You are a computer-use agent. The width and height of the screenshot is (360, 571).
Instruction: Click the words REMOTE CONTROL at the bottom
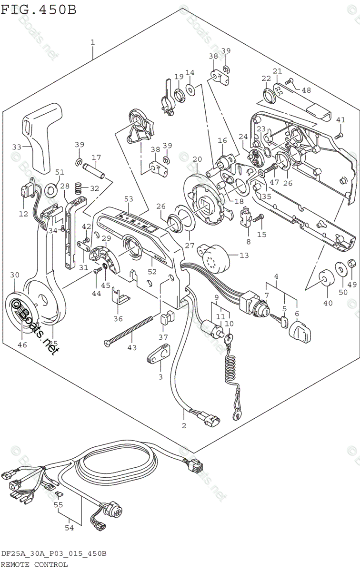[x=34, y=565]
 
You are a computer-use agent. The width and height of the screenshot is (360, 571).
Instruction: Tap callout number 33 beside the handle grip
[x=17, y=147]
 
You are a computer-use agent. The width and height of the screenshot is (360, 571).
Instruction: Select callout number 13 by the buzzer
[x=244, y=256]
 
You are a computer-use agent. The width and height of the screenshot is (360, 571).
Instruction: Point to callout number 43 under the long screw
[x=131, y=348]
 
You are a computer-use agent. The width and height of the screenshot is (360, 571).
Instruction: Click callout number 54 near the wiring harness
[x=70, y=527]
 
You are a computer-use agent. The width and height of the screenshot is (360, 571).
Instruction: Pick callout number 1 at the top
[x=92, y=42]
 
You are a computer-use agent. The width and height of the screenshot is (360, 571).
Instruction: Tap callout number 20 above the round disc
[x=197, y=159]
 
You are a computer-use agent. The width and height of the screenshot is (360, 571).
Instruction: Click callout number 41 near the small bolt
[x=340, y=120]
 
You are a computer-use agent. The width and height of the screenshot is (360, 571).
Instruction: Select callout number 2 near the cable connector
[x=184, y=425]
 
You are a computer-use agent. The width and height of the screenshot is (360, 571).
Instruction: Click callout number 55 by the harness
[x=58, y=505]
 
